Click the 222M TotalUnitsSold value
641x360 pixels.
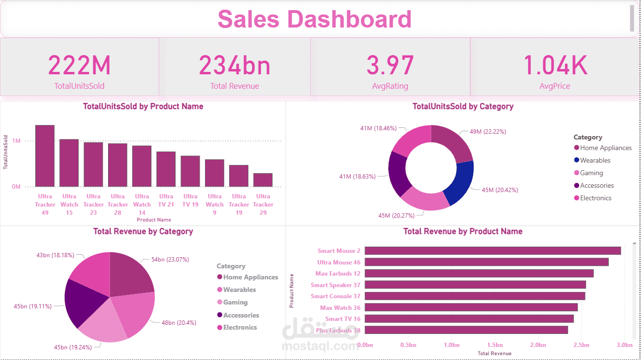pos(80,66)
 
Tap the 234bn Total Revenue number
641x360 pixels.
pos(234,66)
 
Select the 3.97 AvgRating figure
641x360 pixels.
pos(390,66)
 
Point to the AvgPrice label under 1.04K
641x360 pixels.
pos(555,86)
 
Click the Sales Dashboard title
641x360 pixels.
pos(314,19)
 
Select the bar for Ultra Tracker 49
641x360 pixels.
pos(45,156)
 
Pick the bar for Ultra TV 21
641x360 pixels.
pos(166,169)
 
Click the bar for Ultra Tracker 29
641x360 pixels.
pos(263,180)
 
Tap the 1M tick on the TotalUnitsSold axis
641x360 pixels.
pos(16,141)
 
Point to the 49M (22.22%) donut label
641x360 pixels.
pos(488,131)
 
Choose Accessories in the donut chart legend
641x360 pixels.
pos(597,185)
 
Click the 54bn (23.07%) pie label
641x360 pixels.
pos(170,259)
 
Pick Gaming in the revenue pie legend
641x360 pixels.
pos(235,302)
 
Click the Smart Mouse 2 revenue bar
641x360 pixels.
pos(492,250)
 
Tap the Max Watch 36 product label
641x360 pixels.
pos(340,307)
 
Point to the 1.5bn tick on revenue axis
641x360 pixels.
pos(495,345)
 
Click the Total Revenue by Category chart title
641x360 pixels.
pos(143,232)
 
